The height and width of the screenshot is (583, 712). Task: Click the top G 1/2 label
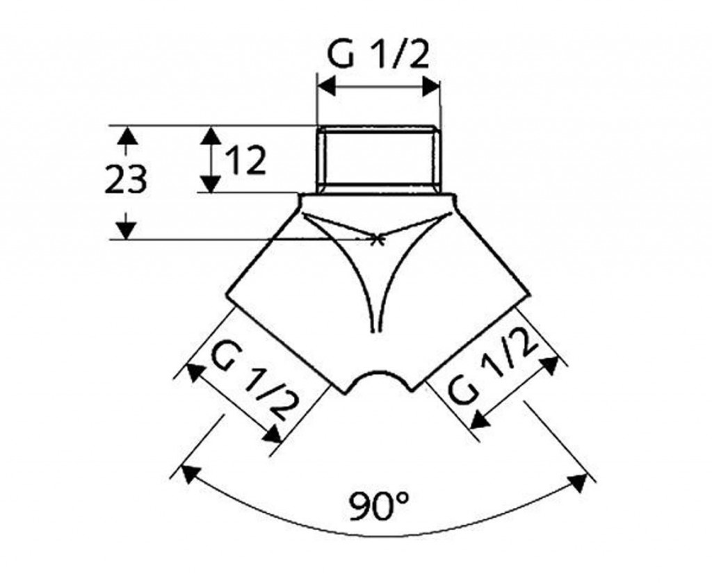(378, 54)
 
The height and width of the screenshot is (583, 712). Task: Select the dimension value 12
(245, 161)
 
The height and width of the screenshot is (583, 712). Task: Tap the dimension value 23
(125, 179)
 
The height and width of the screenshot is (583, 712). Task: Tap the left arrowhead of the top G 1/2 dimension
(327, 85)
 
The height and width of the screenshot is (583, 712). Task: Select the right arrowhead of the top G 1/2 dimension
(431, 85)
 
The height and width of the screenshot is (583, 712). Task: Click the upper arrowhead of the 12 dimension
(211, 136)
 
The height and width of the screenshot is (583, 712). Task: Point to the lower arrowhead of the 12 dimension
(211, 183)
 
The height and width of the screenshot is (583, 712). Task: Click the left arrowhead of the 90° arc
(190, 475)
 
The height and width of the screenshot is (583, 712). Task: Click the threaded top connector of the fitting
(379, 160)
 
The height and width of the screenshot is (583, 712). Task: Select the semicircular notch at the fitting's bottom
(380, 376)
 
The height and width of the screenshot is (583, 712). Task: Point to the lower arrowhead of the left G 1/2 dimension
(273, 434)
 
